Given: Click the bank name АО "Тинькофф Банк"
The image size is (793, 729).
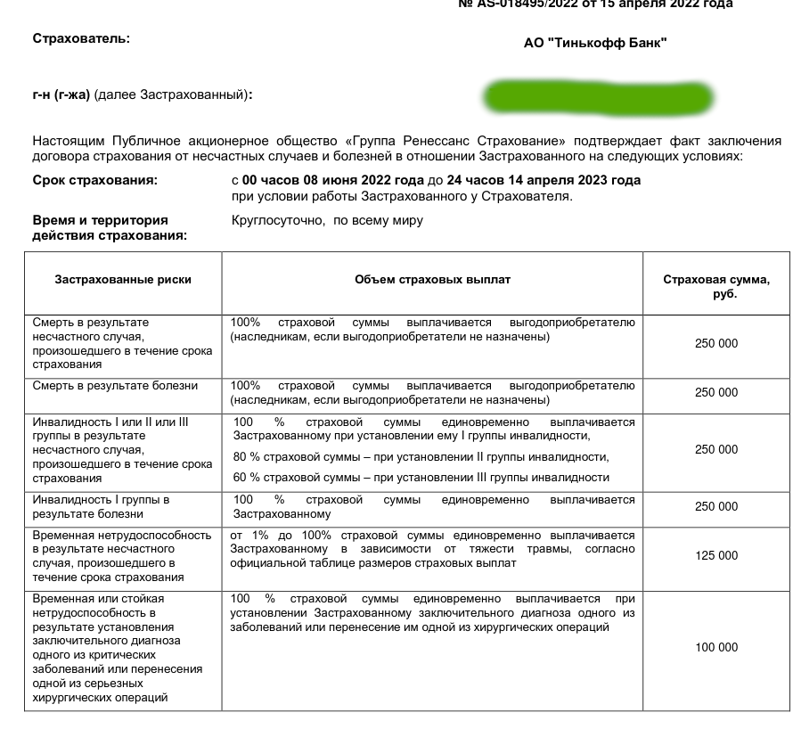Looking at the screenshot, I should tap(595, 43).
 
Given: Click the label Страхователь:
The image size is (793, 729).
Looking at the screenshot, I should tap(80, 38).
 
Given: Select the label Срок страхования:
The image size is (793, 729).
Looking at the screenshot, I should tap(94, 181).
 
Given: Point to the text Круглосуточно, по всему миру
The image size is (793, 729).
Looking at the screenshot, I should tap(327, 220).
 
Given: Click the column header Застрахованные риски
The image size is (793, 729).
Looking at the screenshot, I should tap(123, 280).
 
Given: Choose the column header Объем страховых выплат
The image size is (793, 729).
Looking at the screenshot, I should tap(432, 280).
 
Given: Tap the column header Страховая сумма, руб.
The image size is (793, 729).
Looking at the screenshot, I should tap(716, 286).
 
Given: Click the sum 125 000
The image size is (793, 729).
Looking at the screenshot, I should tap(716, 556).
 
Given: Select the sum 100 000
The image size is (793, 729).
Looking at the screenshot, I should tap(716, 648).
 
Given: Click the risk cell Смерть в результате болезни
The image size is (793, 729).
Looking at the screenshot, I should tap(115, 387).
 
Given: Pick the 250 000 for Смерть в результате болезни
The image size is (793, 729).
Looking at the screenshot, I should tap(716, 393).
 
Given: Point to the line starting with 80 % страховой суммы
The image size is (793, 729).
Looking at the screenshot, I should tap(421, 457).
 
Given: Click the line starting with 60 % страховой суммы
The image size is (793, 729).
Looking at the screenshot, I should tap(421, 478).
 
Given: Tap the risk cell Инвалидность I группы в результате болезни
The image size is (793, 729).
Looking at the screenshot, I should tap(101, 507).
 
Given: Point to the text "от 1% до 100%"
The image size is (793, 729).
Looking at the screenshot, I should tap(268, 536).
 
